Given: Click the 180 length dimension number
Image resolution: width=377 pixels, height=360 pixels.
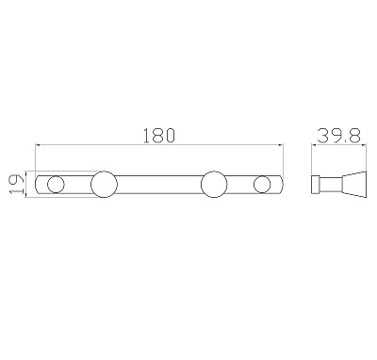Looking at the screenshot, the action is tap(158, 136).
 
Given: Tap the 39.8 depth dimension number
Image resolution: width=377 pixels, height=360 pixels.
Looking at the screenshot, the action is tap(338, 136).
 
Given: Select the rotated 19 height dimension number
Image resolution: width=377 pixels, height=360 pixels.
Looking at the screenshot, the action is tap(16, 184).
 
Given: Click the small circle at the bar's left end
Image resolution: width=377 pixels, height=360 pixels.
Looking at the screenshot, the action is tap(56, 185).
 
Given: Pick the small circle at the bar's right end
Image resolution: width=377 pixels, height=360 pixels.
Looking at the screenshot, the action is tap(262, 185).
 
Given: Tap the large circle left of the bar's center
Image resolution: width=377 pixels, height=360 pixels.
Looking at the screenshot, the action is tap(104, 185).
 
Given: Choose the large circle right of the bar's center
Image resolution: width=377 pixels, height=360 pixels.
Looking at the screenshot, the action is tap(214, 185).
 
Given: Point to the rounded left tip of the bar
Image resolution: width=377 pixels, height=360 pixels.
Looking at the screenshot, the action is tap(35, 185).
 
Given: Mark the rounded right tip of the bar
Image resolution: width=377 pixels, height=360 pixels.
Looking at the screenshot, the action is tap(283, 185).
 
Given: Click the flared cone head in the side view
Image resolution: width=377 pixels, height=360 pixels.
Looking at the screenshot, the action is tap(354, 185).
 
